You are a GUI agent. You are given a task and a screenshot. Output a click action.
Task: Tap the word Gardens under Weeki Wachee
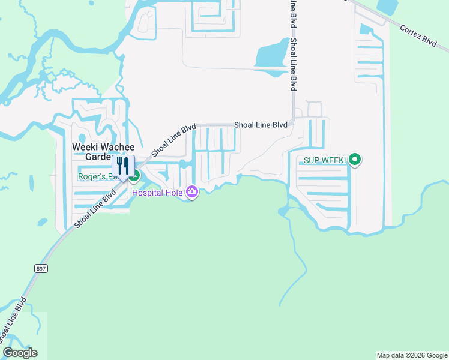point(98,157)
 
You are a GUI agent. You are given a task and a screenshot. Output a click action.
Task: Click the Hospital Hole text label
point(158,193)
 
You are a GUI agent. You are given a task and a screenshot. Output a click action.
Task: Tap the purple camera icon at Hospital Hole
point(192,192)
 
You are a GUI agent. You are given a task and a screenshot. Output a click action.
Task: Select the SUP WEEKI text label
point(325,160)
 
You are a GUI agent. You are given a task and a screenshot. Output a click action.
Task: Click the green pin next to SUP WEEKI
point(355,160)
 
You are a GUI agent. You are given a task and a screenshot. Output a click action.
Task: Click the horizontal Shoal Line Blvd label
point(261,125)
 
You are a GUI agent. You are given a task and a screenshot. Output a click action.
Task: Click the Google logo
point(20,353)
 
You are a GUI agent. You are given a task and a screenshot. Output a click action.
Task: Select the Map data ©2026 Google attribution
point(412,355)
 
